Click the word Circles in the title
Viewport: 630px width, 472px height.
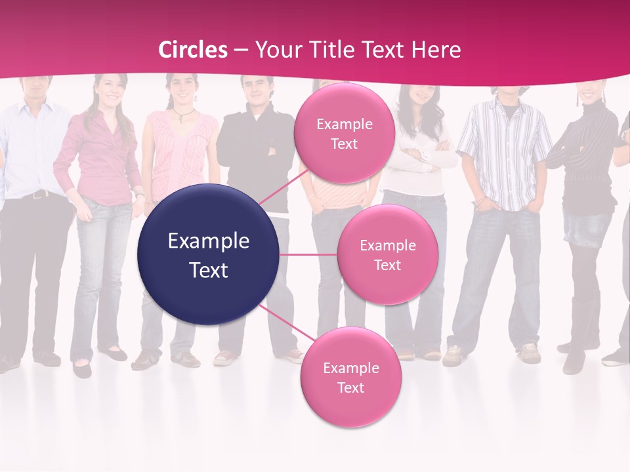point(194,50)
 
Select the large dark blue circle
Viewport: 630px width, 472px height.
point(209,254)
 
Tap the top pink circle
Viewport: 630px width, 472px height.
point(344,133)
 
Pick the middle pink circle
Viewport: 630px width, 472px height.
point(387,254)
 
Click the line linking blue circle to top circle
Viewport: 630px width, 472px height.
point(283,187)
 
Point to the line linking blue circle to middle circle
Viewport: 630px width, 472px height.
point(308,254)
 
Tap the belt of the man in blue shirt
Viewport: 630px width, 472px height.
point(36,194)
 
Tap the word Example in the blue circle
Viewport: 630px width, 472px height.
point(209,241)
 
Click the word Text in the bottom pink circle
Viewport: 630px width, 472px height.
point(350,387)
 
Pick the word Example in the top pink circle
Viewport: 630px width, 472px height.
point(345,125)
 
